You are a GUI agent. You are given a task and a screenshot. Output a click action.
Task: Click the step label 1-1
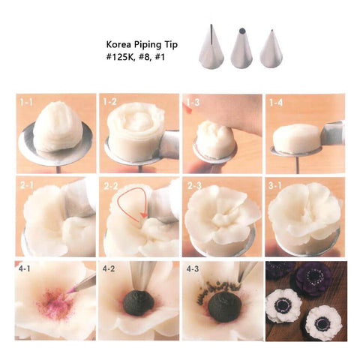click(x=26, y=103)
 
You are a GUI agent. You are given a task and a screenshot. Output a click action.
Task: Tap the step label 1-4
click(x=276, y=103)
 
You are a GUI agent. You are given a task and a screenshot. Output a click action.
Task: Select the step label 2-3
click(x=194, y=186)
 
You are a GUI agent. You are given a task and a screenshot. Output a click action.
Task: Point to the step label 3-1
click(x=275, y=186)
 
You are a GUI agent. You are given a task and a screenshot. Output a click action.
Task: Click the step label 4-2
click(x=109, y=268)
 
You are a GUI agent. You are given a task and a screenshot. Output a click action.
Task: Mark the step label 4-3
click(x=193, y=268)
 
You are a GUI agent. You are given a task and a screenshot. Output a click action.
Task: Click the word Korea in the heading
click(x=118, y=45)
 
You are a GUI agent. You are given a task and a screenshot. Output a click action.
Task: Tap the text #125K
click(x=118, y=57)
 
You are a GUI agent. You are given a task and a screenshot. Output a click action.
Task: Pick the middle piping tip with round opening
click(x=241, y=49)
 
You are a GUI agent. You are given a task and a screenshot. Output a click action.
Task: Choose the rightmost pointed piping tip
click(x=271, y=50)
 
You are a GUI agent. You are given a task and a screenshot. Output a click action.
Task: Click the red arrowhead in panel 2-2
click(x=144, y=215)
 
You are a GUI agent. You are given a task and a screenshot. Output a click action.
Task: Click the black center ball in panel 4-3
click(x=225, y=307)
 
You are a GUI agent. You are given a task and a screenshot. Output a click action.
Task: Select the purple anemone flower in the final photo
click(x=314, y=277)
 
